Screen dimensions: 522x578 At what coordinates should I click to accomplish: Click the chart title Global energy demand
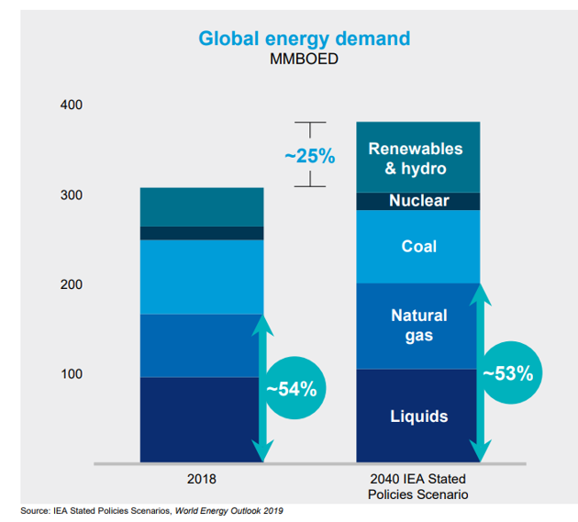[304, 39]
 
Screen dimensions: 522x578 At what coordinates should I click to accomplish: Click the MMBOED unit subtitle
[305, 61]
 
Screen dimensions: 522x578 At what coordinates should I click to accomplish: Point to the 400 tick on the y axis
[71, 106]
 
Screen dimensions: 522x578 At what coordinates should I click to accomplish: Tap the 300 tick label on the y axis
[71, 195]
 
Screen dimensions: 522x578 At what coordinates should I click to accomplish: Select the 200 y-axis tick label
[71, 284]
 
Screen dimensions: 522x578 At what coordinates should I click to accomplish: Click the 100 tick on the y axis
[71, 374]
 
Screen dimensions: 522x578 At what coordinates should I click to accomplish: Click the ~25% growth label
[309, 156]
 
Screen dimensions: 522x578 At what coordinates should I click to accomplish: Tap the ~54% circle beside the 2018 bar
[291, 388]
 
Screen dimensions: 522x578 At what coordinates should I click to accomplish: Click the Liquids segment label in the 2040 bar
[418, 416]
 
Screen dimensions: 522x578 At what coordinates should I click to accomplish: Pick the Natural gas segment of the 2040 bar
[418, 326]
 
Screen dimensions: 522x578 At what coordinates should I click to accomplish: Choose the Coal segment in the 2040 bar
[418, 247]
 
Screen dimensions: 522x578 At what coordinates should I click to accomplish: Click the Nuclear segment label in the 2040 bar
[418, 201]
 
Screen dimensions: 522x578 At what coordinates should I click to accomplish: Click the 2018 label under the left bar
[201, 479]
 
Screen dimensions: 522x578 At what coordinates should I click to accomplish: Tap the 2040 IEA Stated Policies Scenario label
[418, 486]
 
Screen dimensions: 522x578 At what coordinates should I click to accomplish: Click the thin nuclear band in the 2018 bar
[201, 233]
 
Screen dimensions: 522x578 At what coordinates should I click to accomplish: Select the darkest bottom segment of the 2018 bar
[201, 419]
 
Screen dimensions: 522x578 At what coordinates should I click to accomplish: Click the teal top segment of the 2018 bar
[201, 206]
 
